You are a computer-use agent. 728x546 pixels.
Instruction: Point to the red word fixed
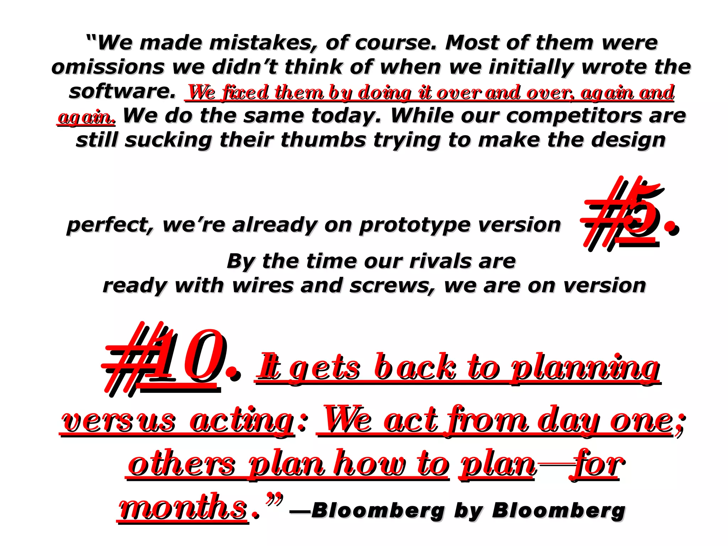(246, 93)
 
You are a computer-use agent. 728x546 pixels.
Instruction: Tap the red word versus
(119, 422)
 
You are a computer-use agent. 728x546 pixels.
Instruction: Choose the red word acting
(242, 422)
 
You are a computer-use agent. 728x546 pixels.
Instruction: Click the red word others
(181, 465)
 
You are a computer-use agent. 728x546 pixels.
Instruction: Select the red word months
(183, 508)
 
